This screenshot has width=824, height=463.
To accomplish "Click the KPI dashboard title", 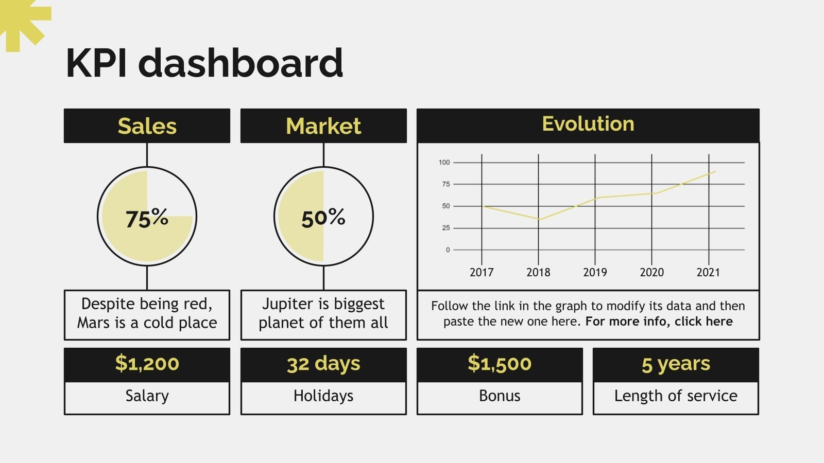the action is point(204,63).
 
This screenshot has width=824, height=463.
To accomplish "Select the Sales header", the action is point(147,126).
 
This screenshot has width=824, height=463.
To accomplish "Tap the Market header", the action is point(324,126).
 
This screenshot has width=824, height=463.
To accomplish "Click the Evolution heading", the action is point(588,124).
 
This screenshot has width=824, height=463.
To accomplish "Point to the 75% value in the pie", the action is point(147,218).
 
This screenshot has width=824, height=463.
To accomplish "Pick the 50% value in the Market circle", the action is point(323,218).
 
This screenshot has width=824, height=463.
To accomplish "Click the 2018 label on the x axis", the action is point(538,272).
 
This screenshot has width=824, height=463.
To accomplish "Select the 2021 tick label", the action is point(708,272).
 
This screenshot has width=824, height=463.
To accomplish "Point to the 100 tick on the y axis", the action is point(444,163).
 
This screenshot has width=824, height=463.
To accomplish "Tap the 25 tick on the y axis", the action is point(446,228).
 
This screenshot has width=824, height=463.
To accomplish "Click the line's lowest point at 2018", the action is point(539,219).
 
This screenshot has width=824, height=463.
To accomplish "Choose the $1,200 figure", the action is point(147,363).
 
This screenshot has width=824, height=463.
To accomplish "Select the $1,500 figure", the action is point(500,363).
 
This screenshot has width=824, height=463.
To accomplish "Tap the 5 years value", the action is point(676,364).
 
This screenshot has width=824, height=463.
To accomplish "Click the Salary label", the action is point(147,396).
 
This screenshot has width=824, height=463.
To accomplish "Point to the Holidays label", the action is point(323,396).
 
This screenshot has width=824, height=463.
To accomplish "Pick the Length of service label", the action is point(676,396).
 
